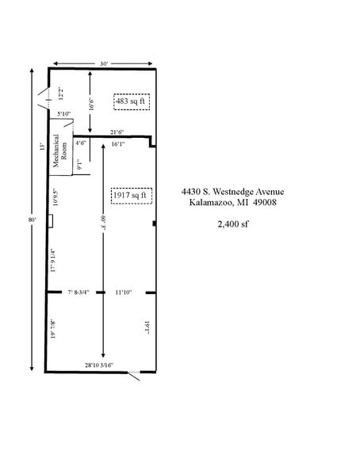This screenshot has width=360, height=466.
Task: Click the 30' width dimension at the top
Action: point(104,63)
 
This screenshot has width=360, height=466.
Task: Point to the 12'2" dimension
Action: point(61,94)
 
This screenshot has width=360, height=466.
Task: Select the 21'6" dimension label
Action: point(117,132)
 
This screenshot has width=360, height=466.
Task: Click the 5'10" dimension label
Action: point(63,114)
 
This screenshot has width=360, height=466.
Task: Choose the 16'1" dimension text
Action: point(118,144)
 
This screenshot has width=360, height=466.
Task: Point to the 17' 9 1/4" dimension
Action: point(53,261)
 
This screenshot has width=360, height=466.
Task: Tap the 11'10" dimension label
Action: point(124,292)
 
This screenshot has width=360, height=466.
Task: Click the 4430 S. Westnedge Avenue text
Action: point(232,192)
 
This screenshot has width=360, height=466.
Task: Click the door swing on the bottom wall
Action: point(136,376)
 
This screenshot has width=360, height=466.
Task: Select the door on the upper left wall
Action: point(43,99)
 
